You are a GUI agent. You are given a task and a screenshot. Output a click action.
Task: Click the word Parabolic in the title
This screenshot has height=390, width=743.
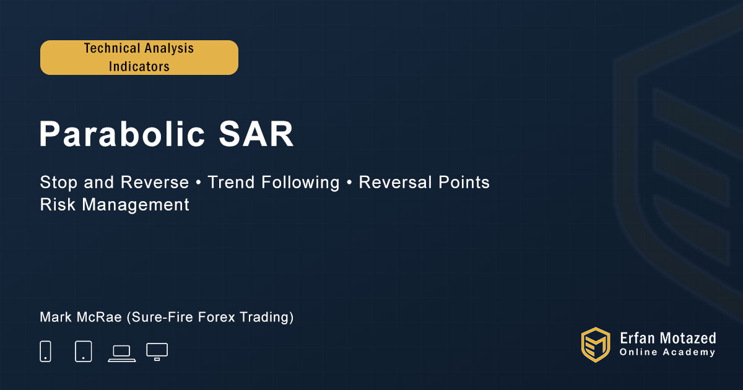[x=122, y=134]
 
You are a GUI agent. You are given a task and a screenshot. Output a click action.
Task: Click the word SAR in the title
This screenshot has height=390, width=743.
[x=256, y=134]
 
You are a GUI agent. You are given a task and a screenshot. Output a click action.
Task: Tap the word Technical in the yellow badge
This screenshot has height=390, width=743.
[x=112, y=48]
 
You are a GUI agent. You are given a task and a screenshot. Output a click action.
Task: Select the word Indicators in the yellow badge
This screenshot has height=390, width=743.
[x=139, y=67]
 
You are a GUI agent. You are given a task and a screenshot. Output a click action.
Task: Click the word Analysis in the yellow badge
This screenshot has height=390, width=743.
[x=169, y=49]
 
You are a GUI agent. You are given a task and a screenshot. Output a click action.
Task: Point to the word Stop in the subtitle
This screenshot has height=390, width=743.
[x=58, y=182]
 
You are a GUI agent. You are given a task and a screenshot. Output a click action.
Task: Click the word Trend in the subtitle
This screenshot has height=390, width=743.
[x=231, y=182]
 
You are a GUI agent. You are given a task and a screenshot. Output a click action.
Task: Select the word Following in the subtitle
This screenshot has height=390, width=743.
[x=300, y=183]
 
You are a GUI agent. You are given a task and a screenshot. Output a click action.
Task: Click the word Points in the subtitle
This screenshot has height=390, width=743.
[x=464, y=182]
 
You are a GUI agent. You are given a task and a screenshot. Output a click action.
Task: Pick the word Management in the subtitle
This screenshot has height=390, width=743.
[x=136, y=205]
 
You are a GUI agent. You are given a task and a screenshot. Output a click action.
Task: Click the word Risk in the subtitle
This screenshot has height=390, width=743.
[x=58, y=204]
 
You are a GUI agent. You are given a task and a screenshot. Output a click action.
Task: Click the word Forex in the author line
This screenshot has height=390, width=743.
[x=217, y=317]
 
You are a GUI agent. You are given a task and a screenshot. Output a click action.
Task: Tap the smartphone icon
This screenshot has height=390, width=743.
[x=45, y=351]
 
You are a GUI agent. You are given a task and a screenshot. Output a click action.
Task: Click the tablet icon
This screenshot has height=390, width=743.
[x=84, y=351]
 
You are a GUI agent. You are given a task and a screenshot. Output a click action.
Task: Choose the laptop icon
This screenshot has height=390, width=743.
[x=122, y=353]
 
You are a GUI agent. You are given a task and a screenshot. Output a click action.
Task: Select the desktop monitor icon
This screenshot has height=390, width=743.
[x=157, y=352]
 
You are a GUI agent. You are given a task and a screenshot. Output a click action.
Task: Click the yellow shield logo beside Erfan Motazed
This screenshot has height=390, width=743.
[x=596, y=345]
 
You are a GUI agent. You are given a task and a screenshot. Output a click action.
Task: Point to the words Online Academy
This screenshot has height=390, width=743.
[x=667, y=352]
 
